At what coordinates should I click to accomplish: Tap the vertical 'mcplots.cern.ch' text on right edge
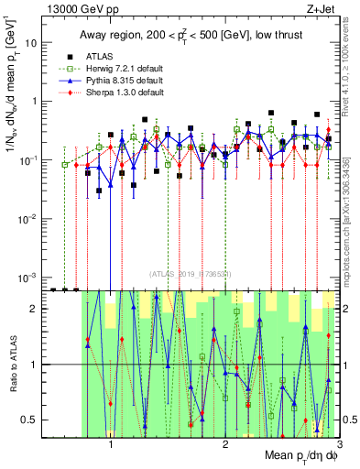point(353,220)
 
